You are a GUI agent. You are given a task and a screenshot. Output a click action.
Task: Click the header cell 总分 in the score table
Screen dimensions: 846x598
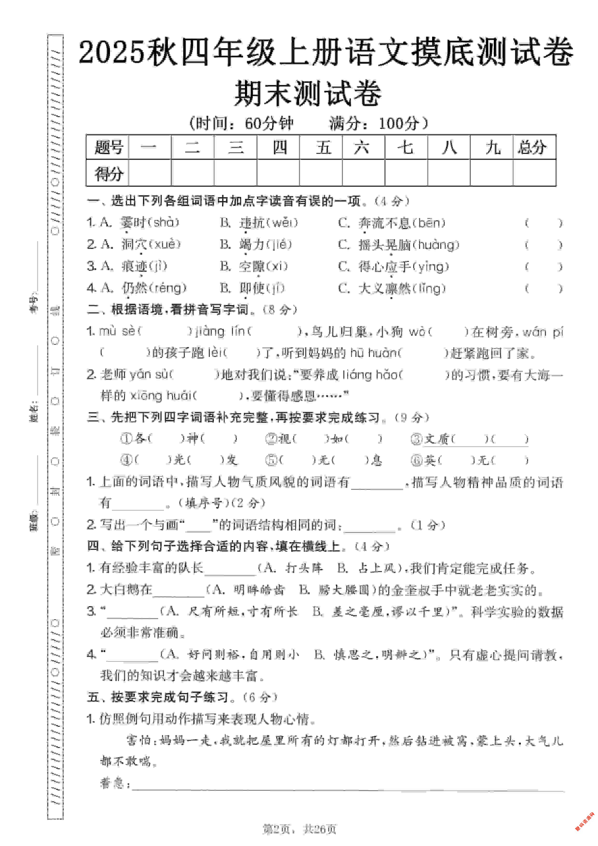click(x=534, y=147)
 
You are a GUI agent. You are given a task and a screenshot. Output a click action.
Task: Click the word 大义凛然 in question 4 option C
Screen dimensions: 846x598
click(x=384, y=288)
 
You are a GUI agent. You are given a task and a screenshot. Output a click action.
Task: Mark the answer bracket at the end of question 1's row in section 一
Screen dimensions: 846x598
click(x=543, y=223)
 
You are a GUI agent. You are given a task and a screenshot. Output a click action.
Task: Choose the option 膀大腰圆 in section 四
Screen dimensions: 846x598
click(x=343, y=590)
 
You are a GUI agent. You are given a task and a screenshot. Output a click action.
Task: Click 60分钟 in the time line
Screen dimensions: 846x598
click(x=269, y=123)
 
